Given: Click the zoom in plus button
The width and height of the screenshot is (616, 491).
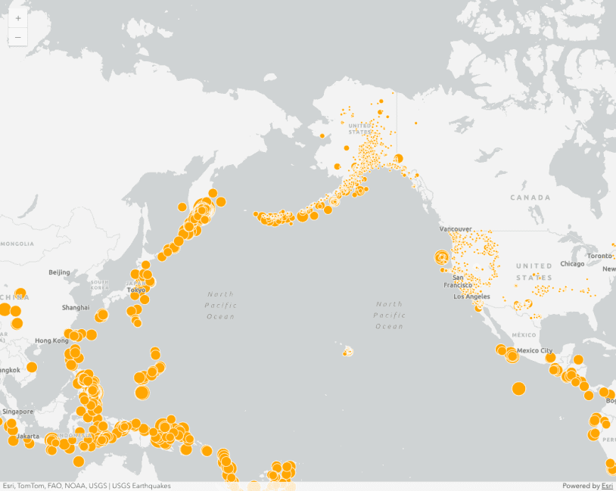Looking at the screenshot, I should click(18, 18).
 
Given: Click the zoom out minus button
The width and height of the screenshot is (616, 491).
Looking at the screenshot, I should click(18, 37).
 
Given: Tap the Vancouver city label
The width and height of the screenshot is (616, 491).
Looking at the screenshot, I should click(456, 228).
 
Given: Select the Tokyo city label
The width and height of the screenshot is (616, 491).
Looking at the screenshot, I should click(136, 290).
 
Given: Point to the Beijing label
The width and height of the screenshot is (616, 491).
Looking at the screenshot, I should click(59, 272).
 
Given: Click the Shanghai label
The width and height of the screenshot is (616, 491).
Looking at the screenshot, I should click(75, 308).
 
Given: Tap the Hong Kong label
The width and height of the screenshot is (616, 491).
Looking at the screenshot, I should click(51, 340).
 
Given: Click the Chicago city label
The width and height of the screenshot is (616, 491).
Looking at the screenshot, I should click(572, 264).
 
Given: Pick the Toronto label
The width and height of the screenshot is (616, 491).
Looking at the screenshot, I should click(599, 256).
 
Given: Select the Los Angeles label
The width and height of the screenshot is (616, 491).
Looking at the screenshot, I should click(471, 297).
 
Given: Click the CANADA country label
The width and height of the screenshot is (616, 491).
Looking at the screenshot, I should click(530, 197).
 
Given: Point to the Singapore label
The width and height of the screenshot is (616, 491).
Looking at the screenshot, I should click(17, 412).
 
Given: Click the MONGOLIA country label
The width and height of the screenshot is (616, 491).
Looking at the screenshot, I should click(17, 244).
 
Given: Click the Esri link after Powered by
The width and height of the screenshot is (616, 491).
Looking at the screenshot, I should click(607, 486).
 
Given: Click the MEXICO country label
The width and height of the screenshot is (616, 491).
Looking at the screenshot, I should click(524, 334).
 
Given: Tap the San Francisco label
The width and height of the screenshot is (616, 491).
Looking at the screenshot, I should click(463, 281).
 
